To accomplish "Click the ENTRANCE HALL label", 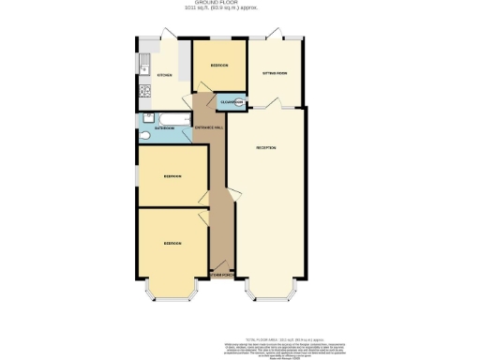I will click(207, 127).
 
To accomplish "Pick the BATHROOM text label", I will click(164, 127).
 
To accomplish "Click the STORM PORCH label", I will click(220, 276).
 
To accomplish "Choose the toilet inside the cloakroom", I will click(239, 101).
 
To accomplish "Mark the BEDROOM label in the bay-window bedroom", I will click(172, 243).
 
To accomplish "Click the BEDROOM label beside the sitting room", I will click(218, 66).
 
